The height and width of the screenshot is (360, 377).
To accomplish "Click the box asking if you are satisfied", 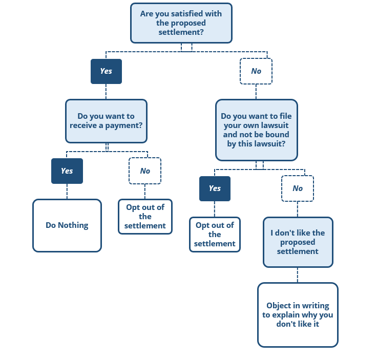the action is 181,23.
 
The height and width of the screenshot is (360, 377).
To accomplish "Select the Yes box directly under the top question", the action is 106,71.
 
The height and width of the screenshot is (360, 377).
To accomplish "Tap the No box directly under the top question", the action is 256,71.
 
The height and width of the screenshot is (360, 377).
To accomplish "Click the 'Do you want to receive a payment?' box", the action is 106,121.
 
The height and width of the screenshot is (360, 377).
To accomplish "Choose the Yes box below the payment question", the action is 67,171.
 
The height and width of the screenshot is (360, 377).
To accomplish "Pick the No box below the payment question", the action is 145,171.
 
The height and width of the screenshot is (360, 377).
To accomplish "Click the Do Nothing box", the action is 67,225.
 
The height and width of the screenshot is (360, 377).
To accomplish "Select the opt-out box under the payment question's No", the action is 145,217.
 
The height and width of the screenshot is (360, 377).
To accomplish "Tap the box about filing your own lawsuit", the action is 257,130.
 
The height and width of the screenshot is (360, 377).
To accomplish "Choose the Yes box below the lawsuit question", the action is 215,188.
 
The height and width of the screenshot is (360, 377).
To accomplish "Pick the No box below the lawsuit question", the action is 298,188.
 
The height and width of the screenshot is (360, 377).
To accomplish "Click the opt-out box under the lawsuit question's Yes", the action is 215,235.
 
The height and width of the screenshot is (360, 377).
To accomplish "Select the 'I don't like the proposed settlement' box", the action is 298,242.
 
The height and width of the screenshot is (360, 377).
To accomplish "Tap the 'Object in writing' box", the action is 298,315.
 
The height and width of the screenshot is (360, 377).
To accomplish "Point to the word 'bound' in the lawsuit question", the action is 277,134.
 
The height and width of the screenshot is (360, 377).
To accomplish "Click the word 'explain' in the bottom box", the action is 286,315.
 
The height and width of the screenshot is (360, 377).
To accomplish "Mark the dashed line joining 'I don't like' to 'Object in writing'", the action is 298,275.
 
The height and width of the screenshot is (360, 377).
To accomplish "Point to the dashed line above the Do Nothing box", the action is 67,192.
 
